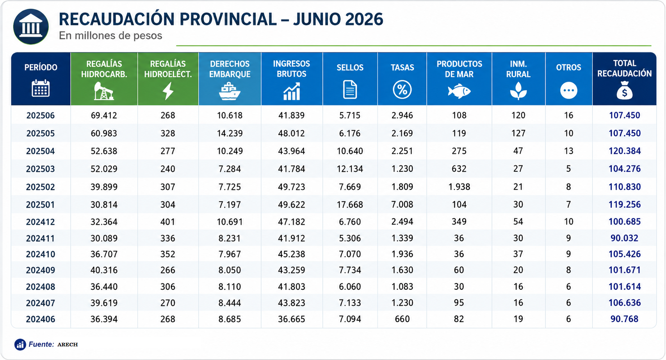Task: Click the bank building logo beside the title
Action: (x=31, y=27)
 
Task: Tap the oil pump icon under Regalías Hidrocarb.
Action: (x=104, y=91)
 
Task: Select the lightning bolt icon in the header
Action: (x=168, y=91)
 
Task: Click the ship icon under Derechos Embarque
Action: (x=230, y=91)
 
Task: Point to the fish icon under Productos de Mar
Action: (x=459, y=91)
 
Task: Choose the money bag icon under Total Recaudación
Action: (x=624, y=90)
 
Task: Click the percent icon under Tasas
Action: (x=402, y=90)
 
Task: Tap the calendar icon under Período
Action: (x=41, y=88)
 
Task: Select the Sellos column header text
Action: (x=350, y=68)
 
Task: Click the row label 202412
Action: (x=41, y=222)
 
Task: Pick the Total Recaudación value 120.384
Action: (x=624, y=151)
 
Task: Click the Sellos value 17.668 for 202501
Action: (x=350, y=205)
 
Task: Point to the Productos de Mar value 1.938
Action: (x=459, y=187)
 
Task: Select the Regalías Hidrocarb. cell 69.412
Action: (x=104, y=115)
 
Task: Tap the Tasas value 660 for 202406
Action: (x=402, y=319)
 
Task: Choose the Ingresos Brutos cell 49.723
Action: (x=291, y=187)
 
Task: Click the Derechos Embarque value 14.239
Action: (x=230, y=133)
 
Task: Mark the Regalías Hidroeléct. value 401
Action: (x=168, y=222)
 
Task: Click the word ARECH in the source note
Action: (x=68, y=344)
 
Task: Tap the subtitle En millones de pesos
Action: (x=110, y=36)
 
